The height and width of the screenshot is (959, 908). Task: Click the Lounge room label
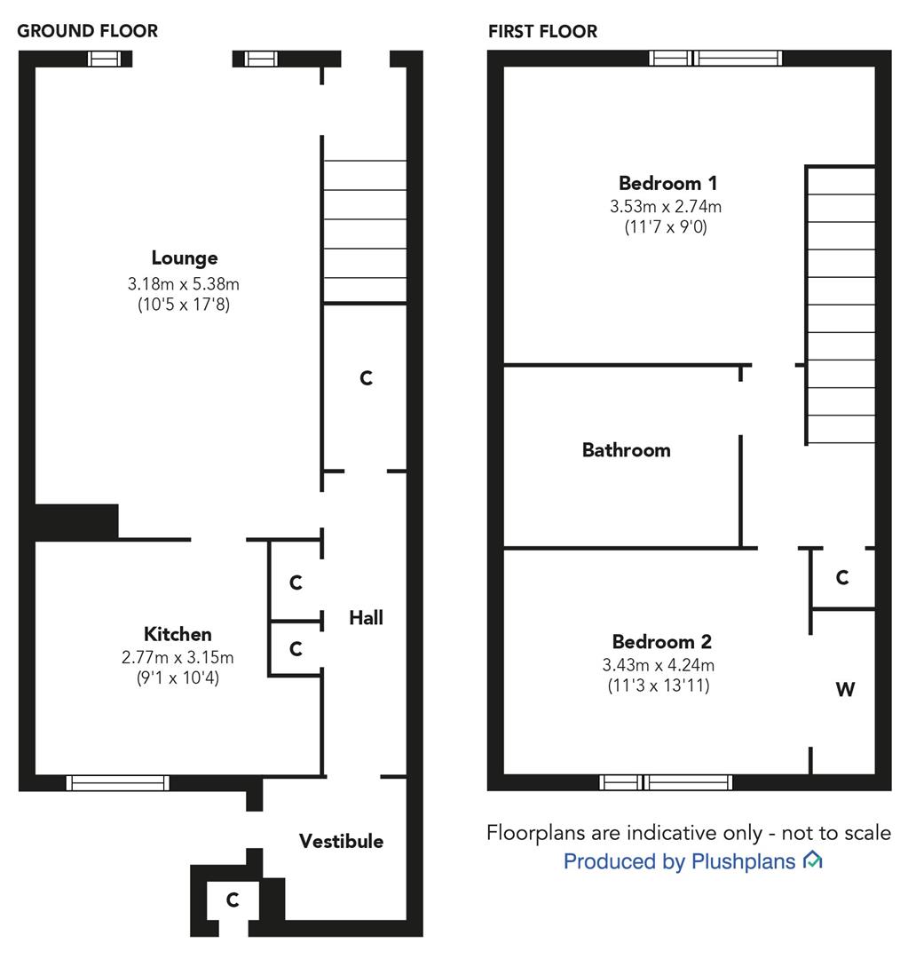(184, 258)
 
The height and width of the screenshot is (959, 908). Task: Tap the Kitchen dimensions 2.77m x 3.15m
(178, 657)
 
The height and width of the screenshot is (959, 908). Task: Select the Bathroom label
(626, 450)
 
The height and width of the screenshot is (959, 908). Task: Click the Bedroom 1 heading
(667, 184)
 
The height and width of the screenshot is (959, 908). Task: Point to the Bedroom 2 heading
(661, 642)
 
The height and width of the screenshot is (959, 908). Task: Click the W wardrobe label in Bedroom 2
(845, 689)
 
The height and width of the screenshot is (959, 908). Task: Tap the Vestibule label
(341, 841)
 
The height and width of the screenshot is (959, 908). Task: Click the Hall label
(366, 617)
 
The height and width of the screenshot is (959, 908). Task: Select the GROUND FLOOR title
(88, 31)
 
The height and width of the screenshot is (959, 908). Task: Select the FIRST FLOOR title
(542, 31)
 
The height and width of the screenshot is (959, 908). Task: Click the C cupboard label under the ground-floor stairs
(366, 378)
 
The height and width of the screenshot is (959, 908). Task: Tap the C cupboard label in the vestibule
(232, 900)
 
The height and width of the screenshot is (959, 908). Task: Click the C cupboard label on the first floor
(841, 578)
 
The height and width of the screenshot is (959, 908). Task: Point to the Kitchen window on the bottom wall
(117, 782)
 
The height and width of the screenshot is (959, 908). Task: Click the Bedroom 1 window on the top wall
(715, 59)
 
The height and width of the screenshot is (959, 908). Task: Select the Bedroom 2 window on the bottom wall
(666, 782)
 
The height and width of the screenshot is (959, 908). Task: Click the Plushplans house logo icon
(812, 860)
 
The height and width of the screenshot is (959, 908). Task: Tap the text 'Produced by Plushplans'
(679, 861)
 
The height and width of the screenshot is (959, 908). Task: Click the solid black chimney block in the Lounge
(75, 521)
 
